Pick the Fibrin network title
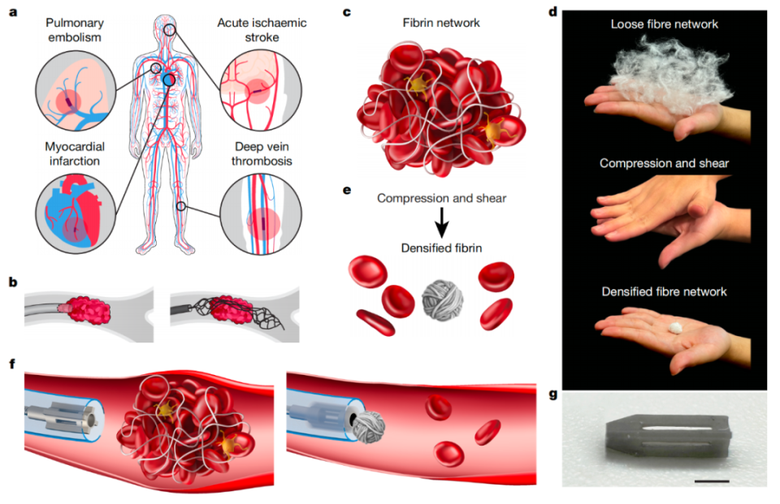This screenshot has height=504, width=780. click(x=441, y=23)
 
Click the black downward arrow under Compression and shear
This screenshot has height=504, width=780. click(x=440, y=221)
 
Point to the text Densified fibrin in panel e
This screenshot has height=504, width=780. click(x=442, y=247)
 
